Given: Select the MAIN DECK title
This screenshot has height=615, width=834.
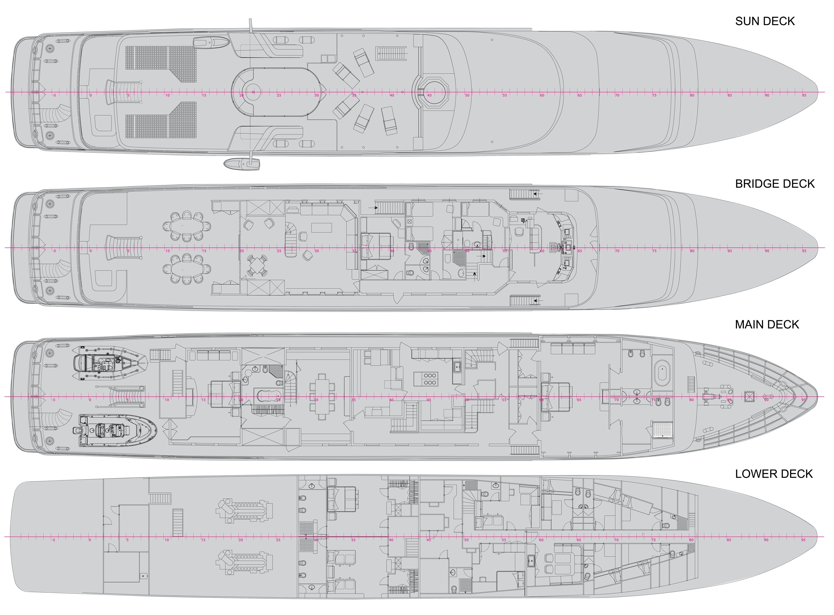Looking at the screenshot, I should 767,324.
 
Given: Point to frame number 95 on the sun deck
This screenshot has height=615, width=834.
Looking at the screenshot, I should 804,95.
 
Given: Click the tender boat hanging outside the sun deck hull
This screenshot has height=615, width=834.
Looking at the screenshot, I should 242,163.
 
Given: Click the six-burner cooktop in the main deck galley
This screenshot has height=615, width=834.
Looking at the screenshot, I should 430,379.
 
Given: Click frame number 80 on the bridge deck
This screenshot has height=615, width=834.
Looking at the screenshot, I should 692,251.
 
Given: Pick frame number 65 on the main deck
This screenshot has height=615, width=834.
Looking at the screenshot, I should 579,400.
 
